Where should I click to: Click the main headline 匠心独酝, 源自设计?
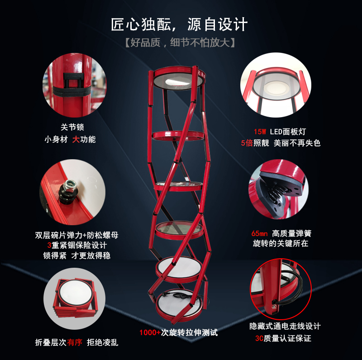179,24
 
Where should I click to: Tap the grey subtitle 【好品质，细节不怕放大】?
180,43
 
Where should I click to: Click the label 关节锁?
72,127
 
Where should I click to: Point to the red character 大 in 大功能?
76,139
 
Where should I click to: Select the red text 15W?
260,132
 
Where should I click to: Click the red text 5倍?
247,143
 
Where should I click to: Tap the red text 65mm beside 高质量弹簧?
259,233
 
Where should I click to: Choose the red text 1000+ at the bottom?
150,332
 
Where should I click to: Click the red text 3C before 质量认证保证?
259,338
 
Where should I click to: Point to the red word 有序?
75,342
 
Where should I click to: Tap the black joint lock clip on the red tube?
73,85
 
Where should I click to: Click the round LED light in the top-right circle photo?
276,88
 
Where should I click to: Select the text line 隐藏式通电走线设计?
285,326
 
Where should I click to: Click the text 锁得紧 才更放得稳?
77,256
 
